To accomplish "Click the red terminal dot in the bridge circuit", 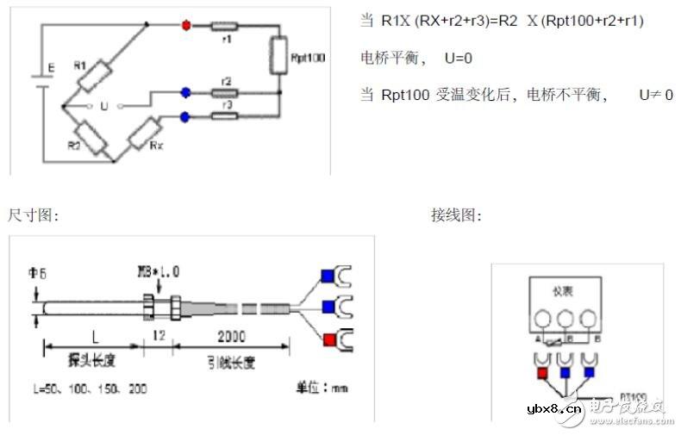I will coord(185,25).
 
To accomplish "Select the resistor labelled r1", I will coord(227,26).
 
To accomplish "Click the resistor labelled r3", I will coord(227,115).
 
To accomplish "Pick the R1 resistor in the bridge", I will coord(96,75).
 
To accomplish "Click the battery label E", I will coord(51,67).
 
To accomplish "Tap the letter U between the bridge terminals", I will coord(104,106).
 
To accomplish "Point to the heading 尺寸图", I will coord(32,215).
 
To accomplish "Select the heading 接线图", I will coord(456,215).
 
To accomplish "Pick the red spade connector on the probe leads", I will coord(328,339).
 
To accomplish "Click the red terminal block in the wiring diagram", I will coord(542,374).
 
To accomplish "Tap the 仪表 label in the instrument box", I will coord(561,290).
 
